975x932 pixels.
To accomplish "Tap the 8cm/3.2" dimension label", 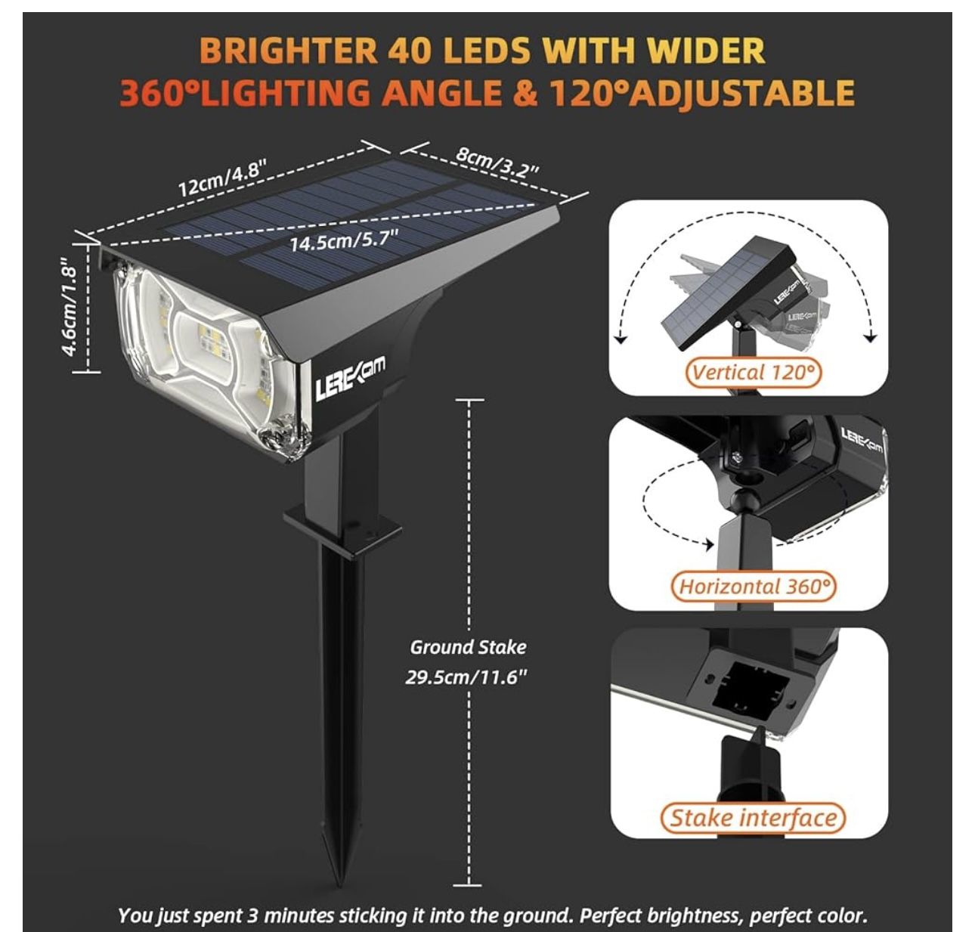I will pos(497,161).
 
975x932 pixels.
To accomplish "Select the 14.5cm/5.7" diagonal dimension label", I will pos(344,242).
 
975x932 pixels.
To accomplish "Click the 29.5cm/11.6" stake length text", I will pos(466,677).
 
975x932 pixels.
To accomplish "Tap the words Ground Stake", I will pos(468,647).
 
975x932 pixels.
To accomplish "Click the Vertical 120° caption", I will pos(754,372).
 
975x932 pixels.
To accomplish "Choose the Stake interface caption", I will pos(753,818).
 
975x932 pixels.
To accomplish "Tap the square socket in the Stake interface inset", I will pos(747,688).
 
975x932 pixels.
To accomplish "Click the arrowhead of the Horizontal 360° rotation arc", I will pos(708,543).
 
